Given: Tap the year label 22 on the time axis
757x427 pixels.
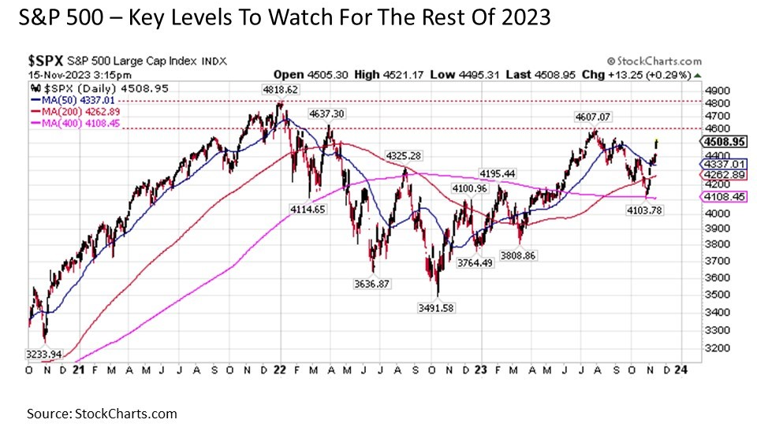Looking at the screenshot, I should pyautogui.click(x=282, y=369).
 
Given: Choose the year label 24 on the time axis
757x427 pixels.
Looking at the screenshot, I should pyautogui.click(x=677, y=369).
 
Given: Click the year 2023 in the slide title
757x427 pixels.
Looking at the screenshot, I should pyautogui.click(x=522, y=17).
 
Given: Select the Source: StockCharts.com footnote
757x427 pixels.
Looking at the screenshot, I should pyautogui.click(x=102, y=413).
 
